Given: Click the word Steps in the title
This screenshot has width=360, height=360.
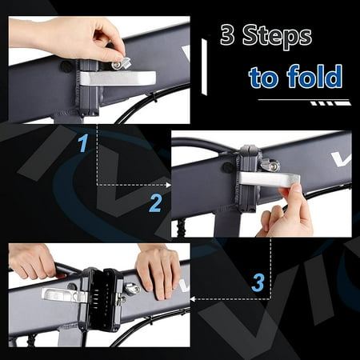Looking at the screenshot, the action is (277, 36).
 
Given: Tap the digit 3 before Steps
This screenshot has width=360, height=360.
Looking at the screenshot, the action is (227, 34).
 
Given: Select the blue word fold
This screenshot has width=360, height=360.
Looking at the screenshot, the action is (314, 76).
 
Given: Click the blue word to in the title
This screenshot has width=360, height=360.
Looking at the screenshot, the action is (265, 78).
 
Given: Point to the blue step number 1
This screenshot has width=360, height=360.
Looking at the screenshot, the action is (83, 143).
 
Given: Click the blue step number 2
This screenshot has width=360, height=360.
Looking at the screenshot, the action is (155, 203).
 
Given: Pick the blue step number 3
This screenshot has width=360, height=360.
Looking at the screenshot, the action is (258, 282).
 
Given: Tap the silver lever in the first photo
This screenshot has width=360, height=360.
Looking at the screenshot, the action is (118, 78).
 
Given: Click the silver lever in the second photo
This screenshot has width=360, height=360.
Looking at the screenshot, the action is (270, 179).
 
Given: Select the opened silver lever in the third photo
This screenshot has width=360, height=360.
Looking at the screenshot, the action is (64, 295).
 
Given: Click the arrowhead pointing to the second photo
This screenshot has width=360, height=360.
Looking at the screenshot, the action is (168, 185).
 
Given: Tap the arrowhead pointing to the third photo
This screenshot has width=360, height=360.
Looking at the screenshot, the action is (192, 299).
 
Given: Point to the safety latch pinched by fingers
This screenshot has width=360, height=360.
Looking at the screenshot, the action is (121, 63).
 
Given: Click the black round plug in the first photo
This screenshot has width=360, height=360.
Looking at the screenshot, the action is (66, 66).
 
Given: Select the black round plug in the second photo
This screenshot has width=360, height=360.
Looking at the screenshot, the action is (227, 167).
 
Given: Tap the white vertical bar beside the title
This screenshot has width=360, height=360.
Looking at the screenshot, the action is (204, 66).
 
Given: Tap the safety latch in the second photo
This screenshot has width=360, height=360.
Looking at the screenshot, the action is (270, 165).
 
